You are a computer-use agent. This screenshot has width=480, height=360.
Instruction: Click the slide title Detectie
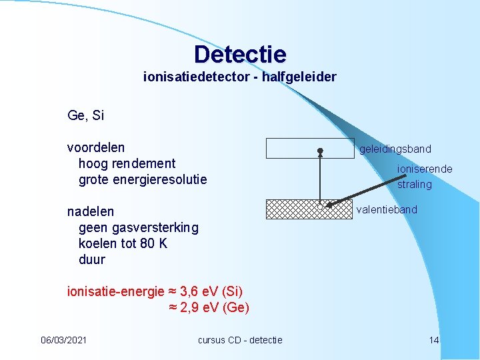click(x=240, y=54)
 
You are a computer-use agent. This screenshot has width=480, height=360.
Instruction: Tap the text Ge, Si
click(x=86, y=115)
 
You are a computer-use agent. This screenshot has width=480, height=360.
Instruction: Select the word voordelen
click(x=96, y=147)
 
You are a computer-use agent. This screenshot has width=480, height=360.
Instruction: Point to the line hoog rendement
click(x=127, y=163)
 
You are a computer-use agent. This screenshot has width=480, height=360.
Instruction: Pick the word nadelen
click(x=91, y=211)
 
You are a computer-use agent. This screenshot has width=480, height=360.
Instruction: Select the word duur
click(x=92, y=259)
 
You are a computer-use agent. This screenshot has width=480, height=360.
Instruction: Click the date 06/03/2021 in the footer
click(x=63, y=340)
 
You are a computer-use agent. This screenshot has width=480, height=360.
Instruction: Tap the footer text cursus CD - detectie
click(x=240, y=340)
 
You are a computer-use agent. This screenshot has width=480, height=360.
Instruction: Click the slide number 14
click(x=433, y=340)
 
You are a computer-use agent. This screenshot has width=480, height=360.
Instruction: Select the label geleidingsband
click(x=395, y=149)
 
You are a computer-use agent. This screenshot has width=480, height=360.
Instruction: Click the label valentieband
click(x=387, y=210)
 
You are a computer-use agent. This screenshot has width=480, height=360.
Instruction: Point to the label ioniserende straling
click(x=424, y=177)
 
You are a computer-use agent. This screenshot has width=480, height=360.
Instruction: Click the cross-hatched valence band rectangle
click(x=293, y=209)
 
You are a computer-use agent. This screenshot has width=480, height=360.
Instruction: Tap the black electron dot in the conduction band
click(x=320, y=151)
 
